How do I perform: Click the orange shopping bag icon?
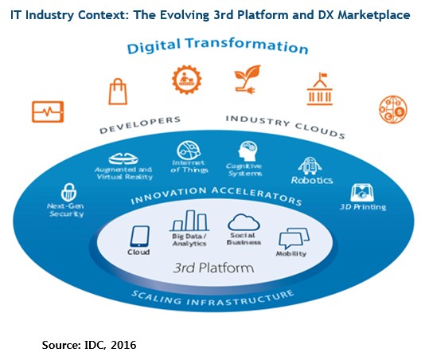(118, 92)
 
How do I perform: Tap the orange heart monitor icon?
(48, 112)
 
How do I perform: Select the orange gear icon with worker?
(187, 80)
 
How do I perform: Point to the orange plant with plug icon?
(248, 79)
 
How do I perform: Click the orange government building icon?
(320, 89)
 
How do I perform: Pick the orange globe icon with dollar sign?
(393, 109)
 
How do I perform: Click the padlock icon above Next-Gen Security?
(69, 192)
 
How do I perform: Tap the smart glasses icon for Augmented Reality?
(123, 159)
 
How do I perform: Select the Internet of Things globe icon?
(189, 151)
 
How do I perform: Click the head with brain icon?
(248, 151)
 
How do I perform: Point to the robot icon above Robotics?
(310, 166)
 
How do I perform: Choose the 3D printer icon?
(362, 194)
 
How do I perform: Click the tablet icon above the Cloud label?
(140, 237)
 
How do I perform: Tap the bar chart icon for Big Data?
(189, 221)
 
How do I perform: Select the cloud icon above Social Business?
(244, 222)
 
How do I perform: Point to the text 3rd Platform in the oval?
(213, 268)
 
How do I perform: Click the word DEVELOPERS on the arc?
(140, 125)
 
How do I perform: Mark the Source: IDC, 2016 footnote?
(89, 345)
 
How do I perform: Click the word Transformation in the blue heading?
(247, 45)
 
